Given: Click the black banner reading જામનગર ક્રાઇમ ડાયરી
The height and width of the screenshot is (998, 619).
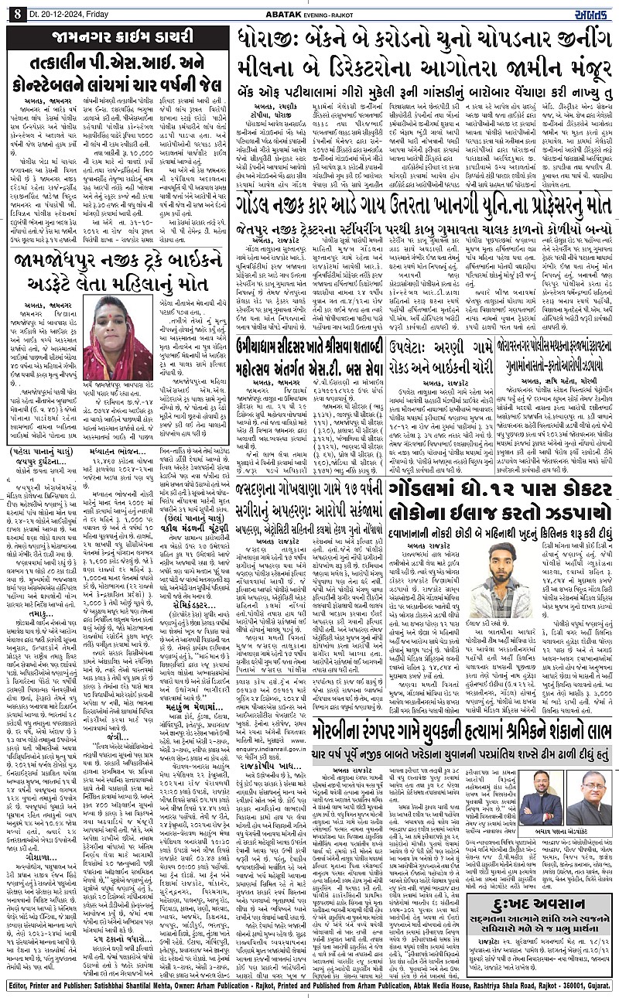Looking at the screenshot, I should click(x=118, y=37).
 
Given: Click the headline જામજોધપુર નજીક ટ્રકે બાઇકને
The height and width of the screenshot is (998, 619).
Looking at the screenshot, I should click(x=117, y=267).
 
